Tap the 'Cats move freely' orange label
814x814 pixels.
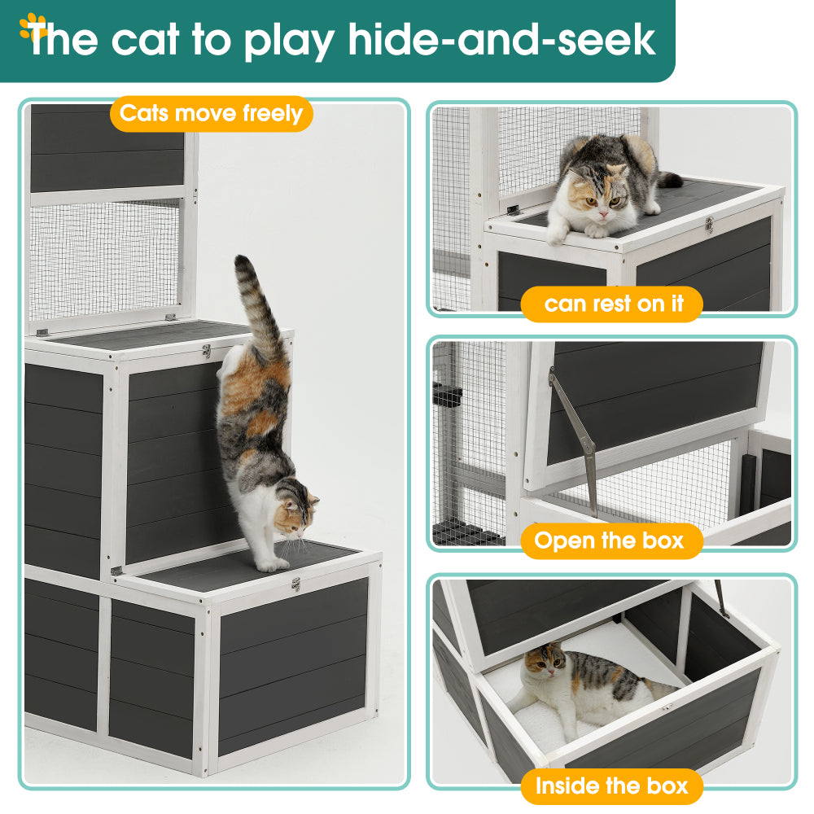pyautogui.click(x=211, y=113)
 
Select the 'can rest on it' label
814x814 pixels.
pyautogui.click(x=611, y=304)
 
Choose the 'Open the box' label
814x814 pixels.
pyautogui.click(x=610, y=540)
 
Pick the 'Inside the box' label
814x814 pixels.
pyautogui.click(x=611, y=786)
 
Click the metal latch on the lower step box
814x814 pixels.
pyautogui.click(x=296, y=584)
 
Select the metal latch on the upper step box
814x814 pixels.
pyautogui.click(x=207, y=351)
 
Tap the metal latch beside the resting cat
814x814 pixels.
pyautogui.click(x=710, y=225)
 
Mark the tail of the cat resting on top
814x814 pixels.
pyautogui.click(x=668, y=179)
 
